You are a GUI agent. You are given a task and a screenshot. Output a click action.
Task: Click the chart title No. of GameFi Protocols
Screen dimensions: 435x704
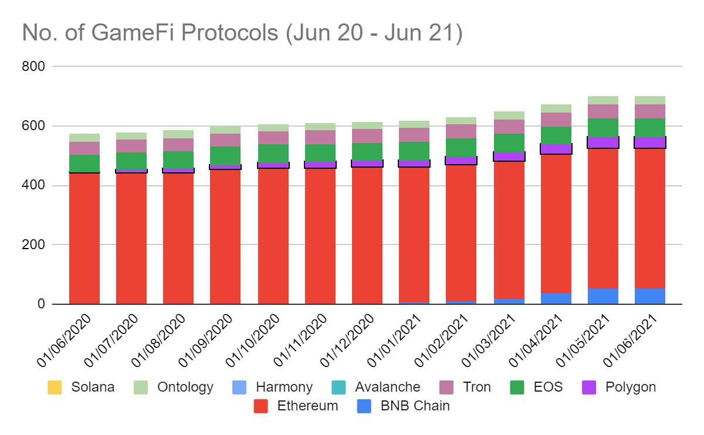[x=242, y=33]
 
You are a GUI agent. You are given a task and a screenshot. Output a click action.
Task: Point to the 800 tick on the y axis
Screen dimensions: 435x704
[x=33, y=67]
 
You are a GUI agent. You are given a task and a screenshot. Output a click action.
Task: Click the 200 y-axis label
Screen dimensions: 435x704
[x=33, y=245]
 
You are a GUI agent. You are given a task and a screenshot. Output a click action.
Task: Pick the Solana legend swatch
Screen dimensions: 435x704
[x=55, y=388]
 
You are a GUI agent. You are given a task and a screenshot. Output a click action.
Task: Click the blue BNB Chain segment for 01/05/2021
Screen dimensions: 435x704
[x=603, y=296]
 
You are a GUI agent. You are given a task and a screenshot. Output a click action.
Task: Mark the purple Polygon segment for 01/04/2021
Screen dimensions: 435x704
[x=556, y=149]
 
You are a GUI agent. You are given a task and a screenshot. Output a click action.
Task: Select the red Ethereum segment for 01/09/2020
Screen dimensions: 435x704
[x=225, y=235]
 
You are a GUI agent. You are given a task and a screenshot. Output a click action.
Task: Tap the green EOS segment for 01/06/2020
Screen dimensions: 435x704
[x=84, y=164]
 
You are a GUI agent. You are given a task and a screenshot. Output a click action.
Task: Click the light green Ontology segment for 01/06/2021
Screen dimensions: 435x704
[x=650, y=100]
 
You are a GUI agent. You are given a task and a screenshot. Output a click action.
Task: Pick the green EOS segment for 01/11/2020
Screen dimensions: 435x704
[x=320, y=152]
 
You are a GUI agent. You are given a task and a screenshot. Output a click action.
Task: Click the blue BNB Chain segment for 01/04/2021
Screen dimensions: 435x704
[x=556, y=298]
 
